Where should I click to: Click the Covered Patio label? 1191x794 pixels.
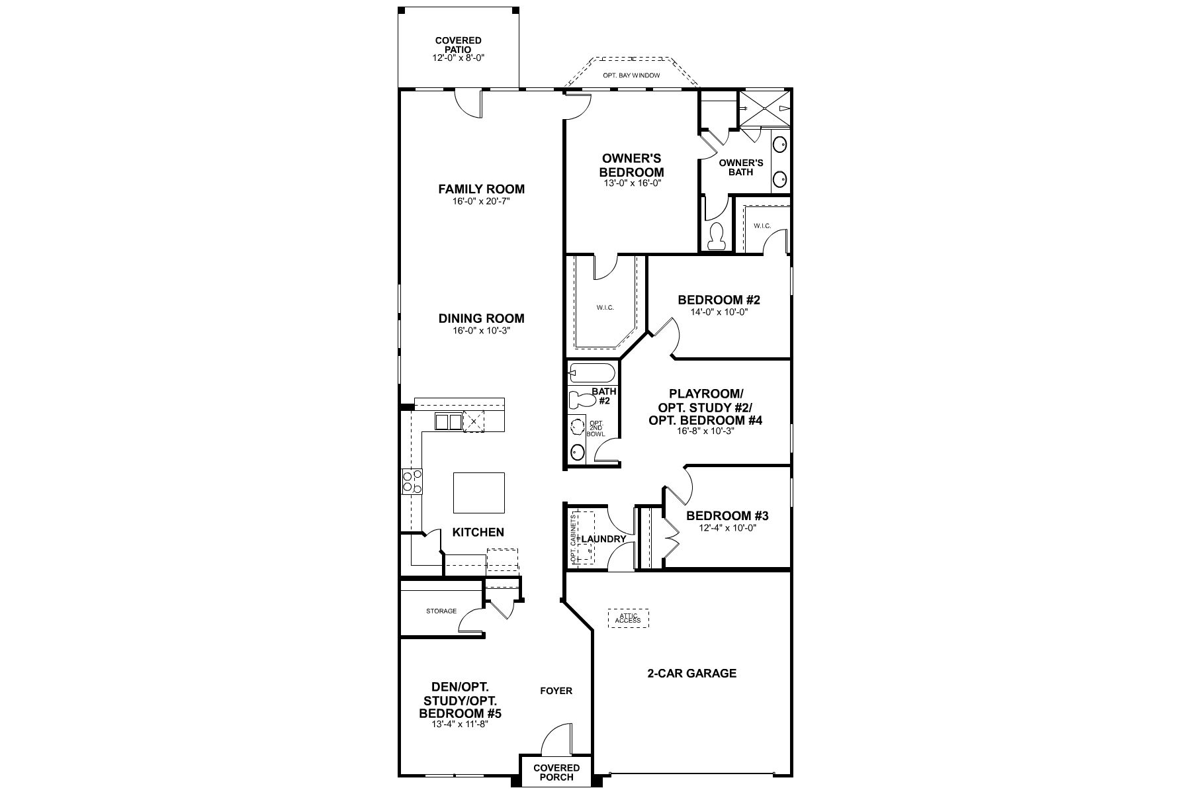click(x=458, y=45)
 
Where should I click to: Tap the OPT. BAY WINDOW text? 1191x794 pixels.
click(x=631, y=75)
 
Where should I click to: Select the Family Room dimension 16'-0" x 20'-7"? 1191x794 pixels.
click(x=481, y=200)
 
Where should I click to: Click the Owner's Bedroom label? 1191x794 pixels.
click(x=632, y=165)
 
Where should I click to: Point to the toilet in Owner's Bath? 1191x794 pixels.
click(x=716, y=237)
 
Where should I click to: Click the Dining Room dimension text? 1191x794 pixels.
click(x=481, y=330)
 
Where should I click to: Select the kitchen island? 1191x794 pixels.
click(x=478, y=492)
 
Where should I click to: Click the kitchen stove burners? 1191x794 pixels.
click(x=412, y=481)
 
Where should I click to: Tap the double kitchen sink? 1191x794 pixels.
click(x=449, y=421)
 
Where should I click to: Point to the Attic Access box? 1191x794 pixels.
click(x=628, y=619)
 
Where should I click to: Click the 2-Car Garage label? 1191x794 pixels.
click(x=691, y=674)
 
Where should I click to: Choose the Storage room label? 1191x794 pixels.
click(x=441, y=611)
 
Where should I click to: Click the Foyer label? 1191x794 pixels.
click(x=556, y=691)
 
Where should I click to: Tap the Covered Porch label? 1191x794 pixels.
click(x=556, y=772)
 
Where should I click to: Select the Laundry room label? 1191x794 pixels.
click(x=603, y=539)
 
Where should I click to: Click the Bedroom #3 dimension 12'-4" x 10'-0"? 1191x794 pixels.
click(x=727, y=528)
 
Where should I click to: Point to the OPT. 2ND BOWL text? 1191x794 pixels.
click(x=595, y=428)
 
